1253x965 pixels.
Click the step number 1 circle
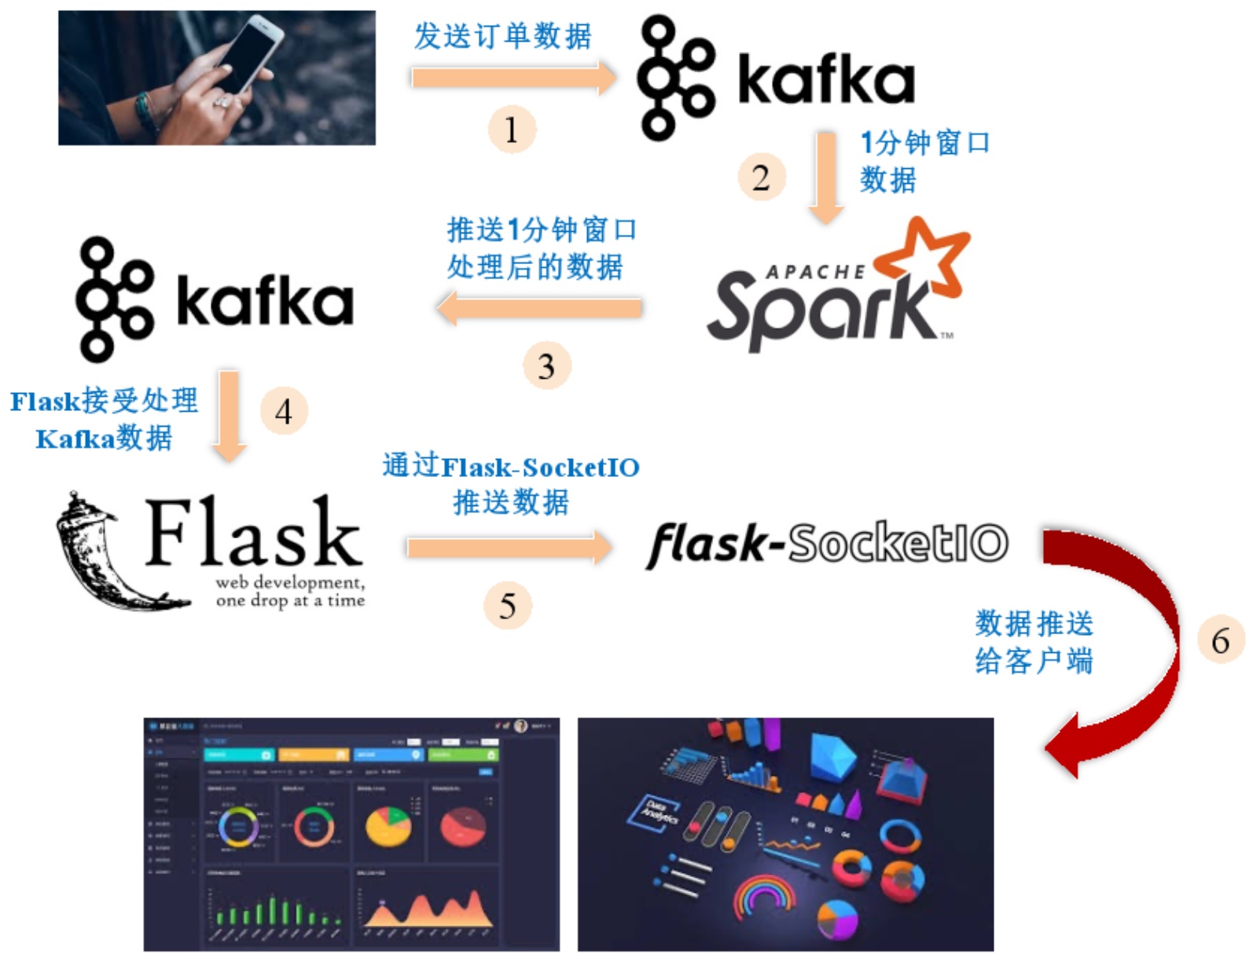coord(511,130)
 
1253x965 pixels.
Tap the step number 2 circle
coord(761,178)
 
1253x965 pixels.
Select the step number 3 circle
coord(546,366)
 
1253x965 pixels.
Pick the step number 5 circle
coord(508,606)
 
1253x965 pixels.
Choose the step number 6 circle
coord(1220,640)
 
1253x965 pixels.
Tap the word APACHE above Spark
coord(815,272)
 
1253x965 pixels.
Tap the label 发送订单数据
coord(503,36)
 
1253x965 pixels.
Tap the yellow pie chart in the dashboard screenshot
coord(388,825)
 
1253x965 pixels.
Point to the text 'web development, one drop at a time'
coord(290,591)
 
